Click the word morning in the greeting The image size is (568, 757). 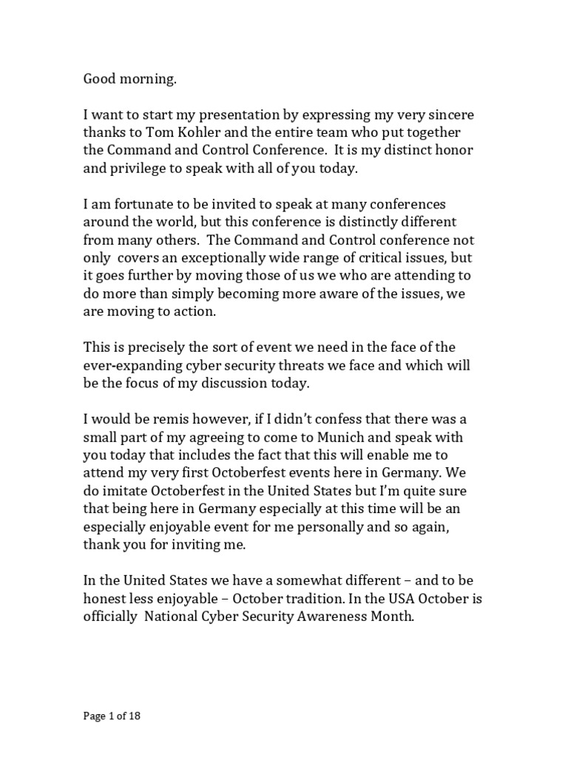(152, 81)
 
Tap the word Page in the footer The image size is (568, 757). (93, 716)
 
